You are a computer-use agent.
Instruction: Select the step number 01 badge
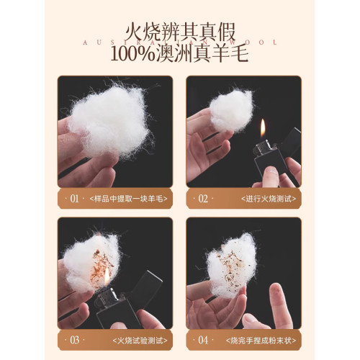click(72, 197)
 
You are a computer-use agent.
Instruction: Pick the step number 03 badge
click(72, 338)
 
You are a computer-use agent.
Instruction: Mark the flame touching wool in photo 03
click(107, 275)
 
